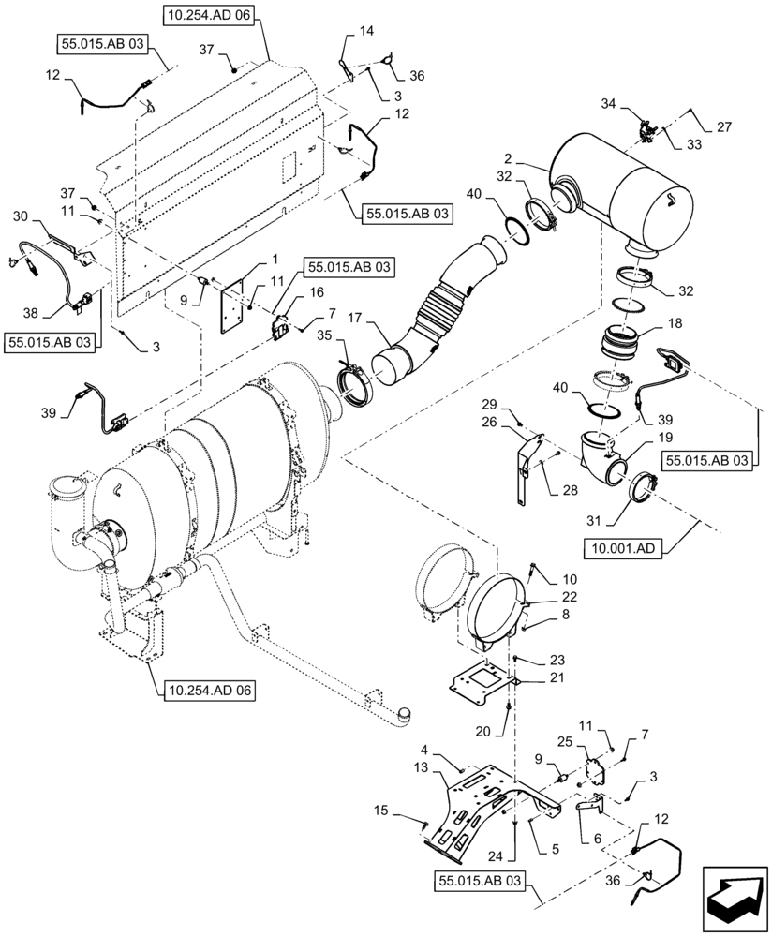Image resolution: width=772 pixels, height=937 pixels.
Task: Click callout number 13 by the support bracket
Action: pos(418,767)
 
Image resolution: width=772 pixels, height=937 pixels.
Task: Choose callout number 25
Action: pos(566,742)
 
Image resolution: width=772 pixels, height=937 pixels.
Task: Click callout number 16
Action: pos(290,292)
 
